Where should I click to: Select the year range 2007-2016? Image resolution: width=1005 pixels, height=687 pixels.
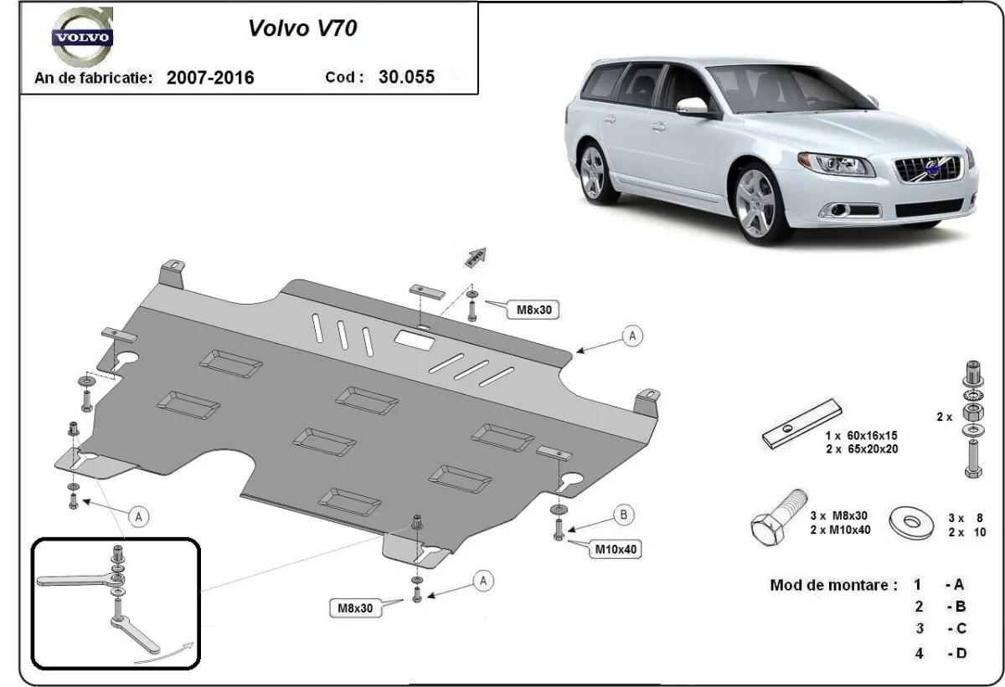[210, 78]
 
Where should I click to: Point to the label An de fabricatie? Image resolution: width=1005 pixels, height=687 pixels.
[93, 78]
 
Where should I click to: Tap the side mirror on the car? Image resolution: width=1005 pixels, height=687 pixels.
[693, 106]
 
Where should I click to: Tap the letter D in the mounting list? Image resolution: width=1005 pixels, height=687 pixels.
[960, 654]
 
